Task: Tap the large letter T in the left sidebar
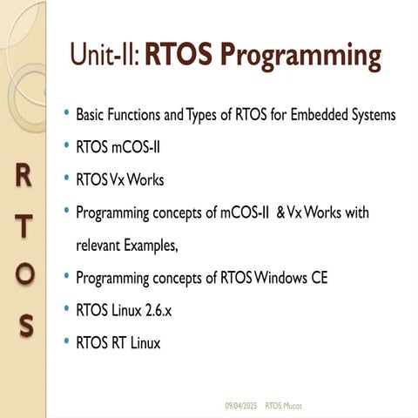(25, 225)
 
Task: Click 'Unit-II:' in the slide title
(105, 55)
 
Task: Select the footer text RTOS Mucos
(285, 405)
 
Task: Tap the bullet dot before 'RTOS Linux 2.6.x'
(67, 311)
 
